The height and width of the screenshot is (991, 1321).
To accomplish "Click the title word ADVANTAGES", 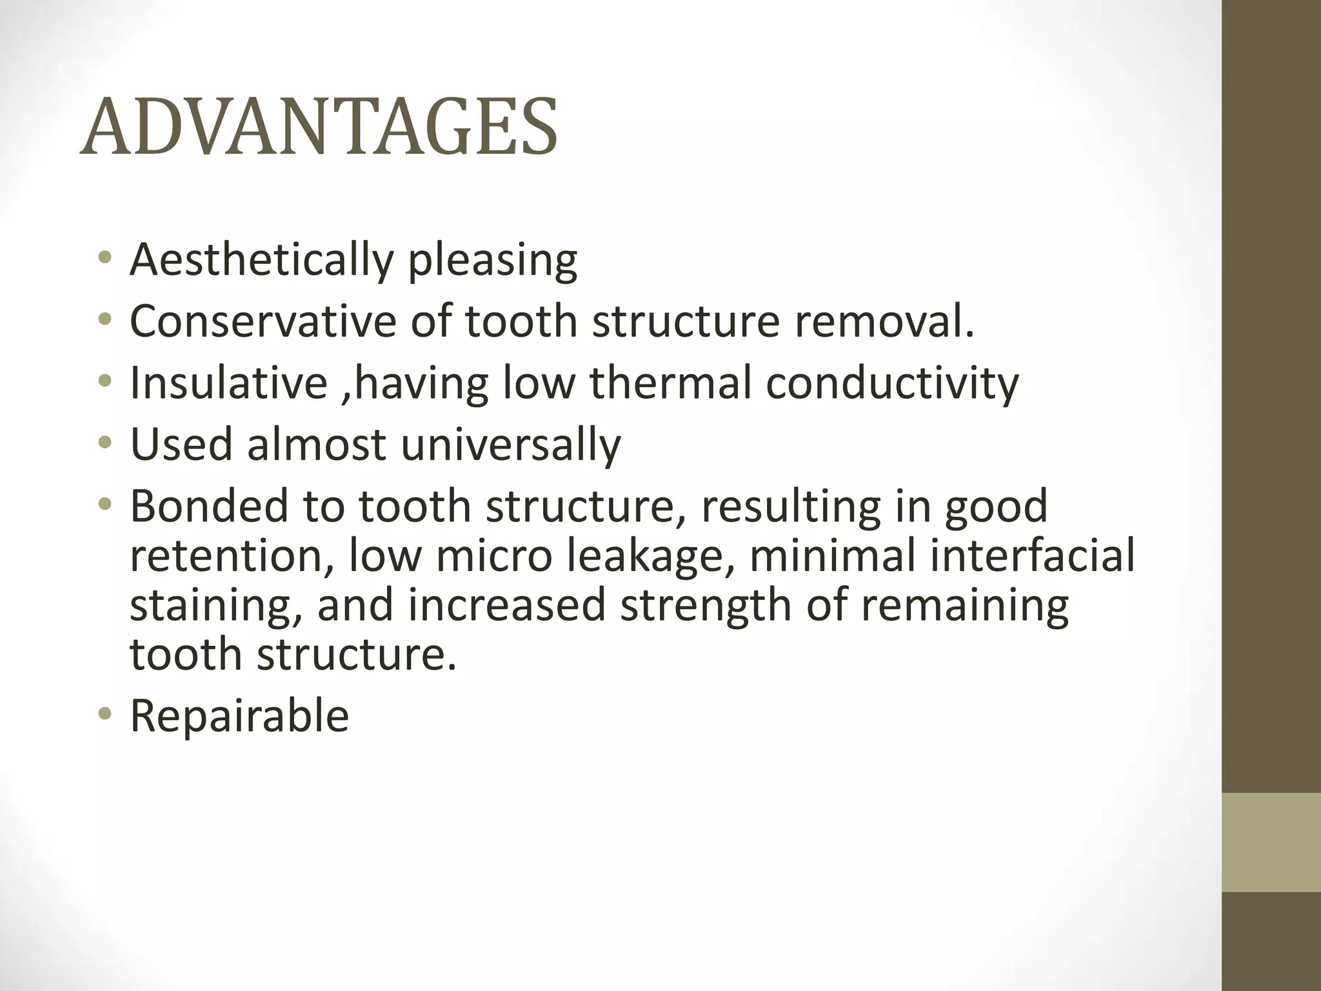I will pyautogui.click(x=319, y=127).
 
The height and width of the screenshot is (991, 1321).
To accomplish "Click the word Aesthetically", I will pyautogui.click(x=261, y=260).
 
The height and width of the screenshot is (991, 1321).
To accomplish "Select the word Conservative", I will pyautogui.click(x=263, y=321).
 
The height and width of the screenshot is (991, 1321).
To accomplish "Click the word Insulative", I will pyautogui.click(x=228, y=383).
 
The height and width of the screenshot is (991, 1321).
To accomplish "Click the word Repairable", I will pyautogui.click(x=239, y=717).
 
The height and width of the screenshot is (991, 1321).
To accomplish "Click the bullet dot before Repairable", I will pyautogui.click(x=105, y=714).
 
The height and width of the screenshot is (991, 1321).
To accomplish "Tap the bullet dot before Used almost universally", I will pyautogui.click(x=105, y=443).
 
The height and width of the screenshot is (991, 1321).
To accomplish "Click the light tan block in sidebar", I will pyautogui.click(x=1271, y=842).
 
